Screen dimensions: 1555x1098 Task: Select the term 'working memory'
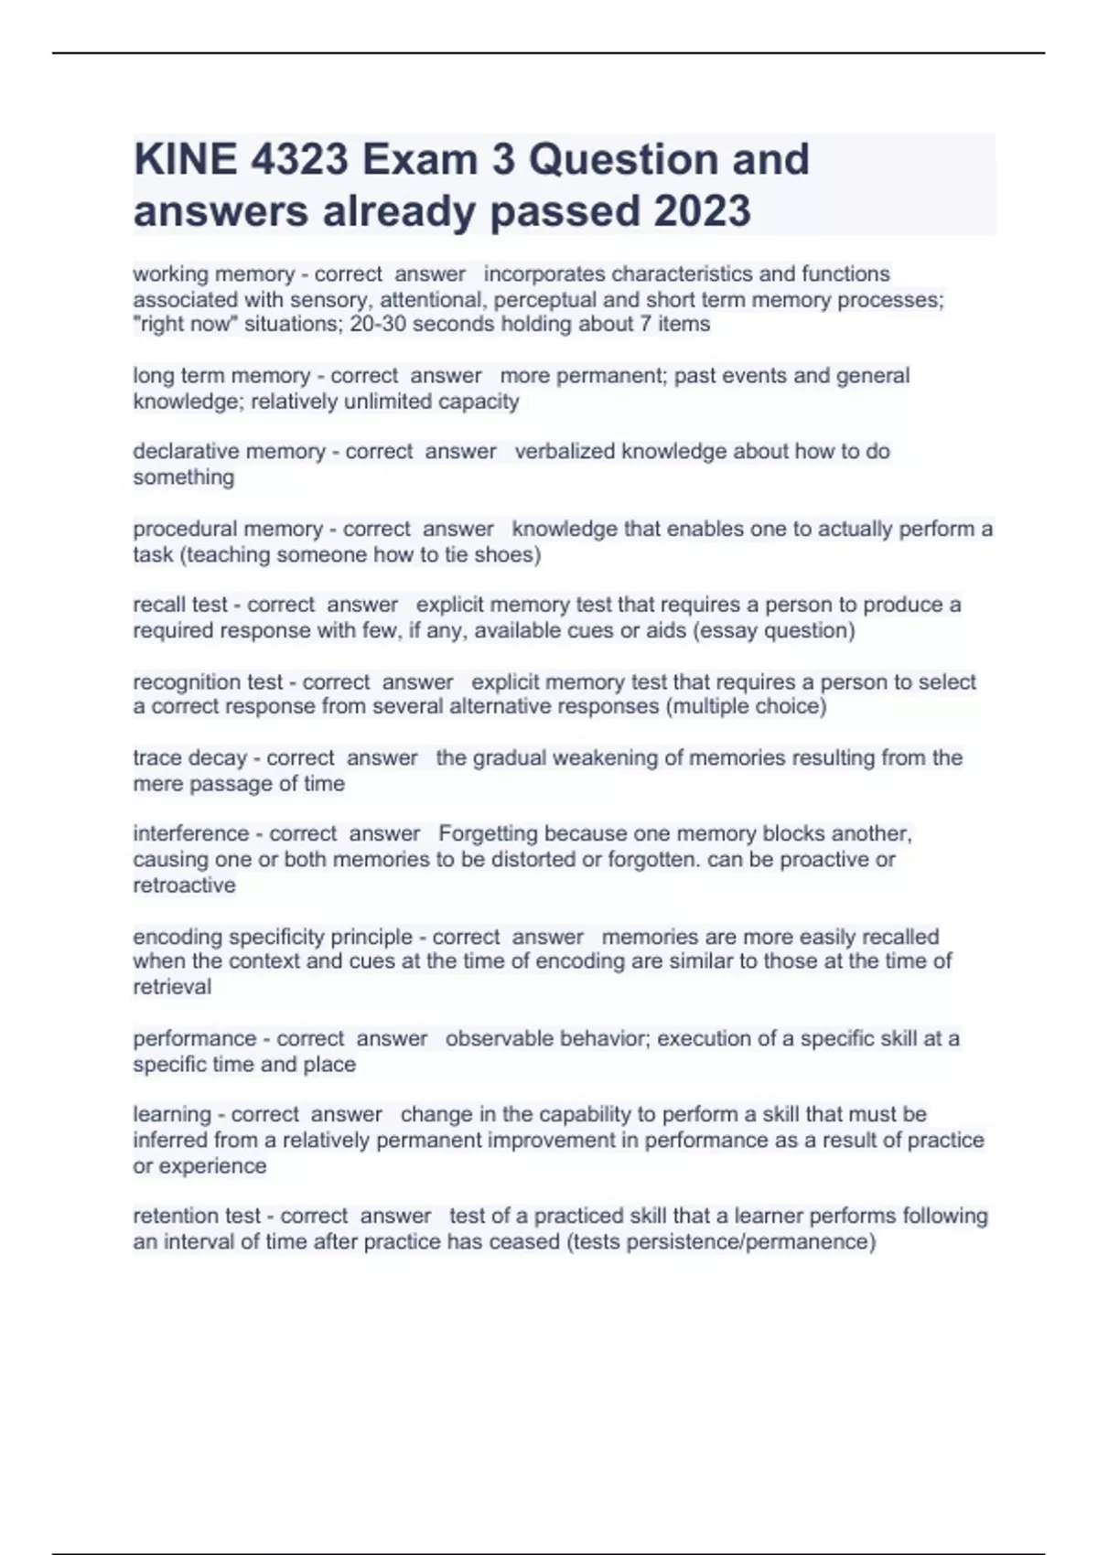coord(213,274)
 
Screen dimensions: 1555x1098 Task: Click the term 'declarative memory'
coord(229,452)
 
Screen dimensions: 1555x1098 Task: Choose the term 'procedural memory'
coord(228,530)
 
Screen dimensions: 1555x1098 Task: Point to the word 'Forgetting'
coord(488,834)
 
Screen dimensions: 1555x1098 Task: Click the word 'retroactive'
coord(184,885)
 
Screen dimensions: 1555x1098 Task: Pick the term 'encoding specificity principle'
coord(273,938)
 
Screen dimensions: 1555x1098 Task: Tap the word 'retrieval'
coord(172,988)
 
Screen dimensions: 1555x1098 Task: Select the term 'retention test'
coord(197,1217)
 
